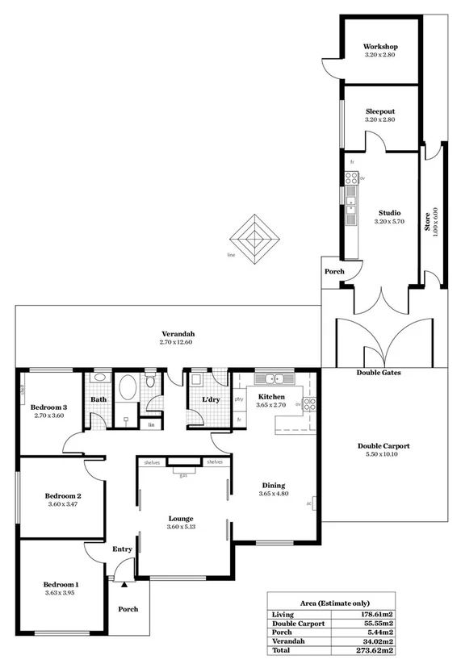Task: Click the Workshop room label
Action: (380, 47)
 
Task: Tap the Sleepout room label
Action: (380, 111)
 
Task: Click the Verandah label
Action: (178, 333)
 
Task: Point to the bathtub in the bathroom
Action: (126, 395)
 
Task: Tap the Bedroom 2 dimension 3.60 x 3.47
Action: (62, 504)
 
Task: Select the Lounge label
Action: (179, 519)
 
